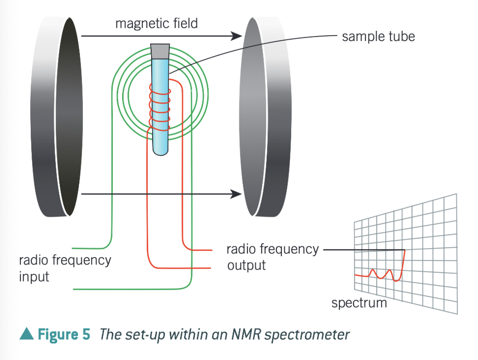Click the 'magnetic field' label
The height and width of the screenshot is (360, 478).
[157, 24]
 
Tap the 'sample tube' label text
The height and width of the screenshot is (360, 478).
[378, 37]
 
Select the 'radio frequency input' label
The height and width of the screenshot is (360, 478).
[65, 268]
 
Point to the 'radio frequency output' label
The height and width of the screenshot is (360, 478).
[272, 257]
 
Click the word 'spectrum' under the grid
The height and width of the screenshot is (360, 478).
[359, 303]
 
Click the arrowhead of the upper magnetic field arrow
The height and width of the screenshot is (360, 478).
[236, 36]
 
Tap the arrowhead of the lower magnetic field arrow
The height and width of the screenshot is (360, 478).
[236, 194]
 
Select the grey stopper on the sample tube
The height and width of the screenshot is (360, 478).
[160, 52]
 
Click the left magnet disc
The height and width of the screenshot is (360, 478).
[57, 117]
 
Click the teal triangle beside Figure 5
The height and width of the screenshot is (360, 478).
[26, 334]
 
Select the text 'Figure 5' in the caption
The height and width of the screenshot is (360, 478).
[64, 334]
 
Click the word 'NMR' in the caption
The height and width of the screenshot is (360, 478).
[247, 335]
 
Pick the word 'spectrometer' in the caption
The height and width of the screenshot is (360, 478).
[307, 335]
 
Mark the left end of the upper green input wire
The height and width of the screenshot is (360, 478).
[72, 249]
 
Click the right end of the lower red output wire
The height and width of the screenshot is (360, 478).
[210, 268]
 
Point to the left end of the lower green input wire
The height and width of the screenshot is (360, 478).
[74, 289]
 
